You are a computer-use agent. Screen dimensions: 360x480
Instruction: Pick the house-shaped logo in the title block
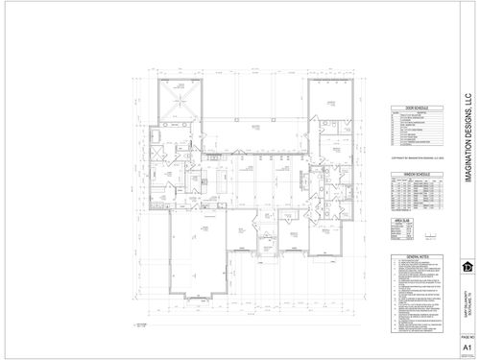(468, 266)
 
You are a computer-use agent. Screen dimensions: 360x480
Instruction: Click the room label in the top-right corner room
(331, 102)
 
